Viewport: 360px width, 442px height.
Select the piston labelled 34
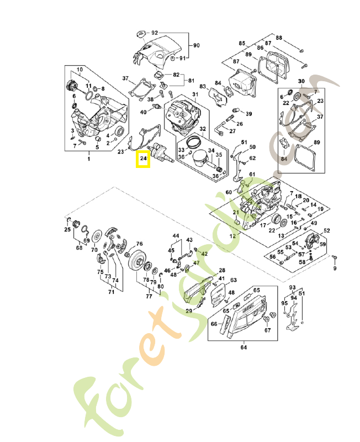point(200,161)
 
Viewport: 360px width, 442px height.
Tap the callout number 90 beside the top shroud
point(196,45)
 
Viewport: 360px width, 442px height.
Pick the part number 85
point(242,43)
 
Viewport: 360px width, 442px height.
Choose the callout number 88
point(279,38)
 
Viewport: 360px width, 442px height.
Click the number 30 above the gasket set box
point(301,81)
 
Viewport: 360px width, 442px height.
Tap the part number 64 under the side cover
point(243,348)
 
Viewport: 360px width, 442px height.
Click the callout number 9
point(334,269)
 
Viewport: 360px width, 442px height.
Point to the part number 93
point(293,287)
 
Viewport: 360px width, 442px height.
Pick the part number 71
point(111,292)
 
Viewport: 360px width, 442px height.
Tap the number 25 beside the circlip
point(67,229)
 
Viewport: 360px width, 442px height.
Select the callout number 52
point(326,230)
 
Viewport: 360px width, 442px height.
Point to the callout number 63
point(234,280)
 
